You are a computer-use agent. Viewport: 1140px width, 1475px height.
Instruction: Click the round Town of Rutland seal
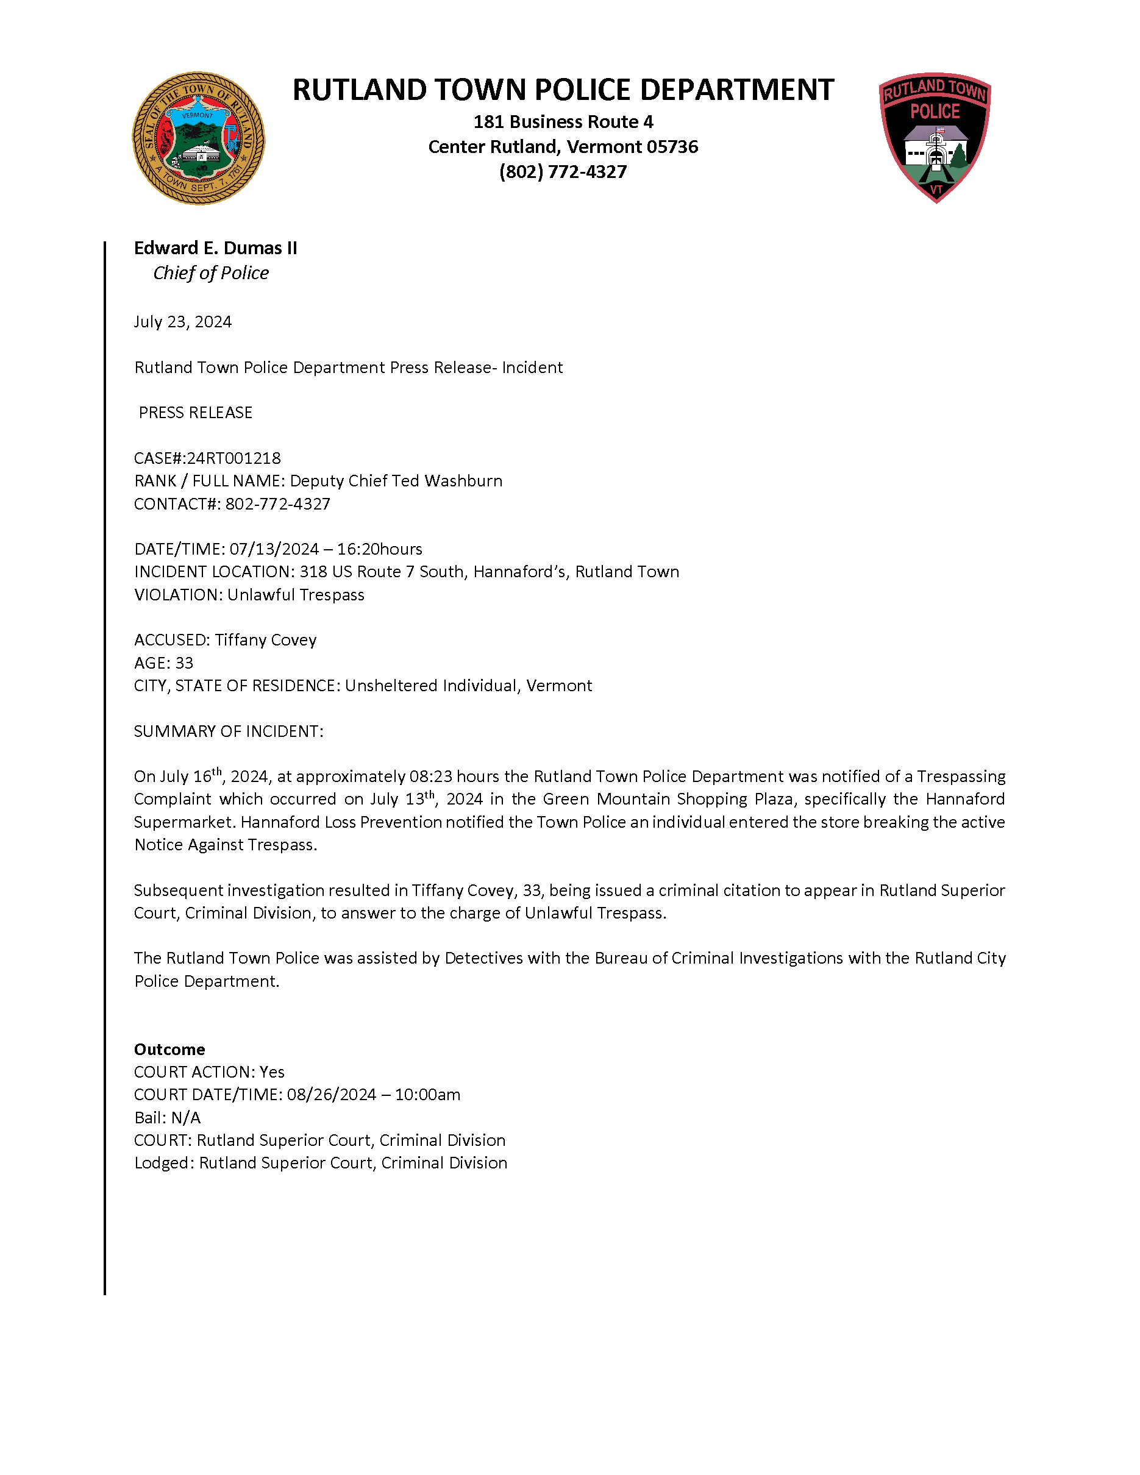[198, 138]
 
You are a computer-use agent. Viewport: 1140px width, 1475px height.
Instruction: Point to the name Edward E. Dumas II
[215, 249]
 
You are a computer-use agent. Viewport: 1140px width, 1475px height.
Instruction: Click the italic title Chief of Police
[211, 273]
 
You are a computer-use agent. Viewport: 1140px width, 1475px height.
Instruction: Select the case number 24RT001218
[233, 458]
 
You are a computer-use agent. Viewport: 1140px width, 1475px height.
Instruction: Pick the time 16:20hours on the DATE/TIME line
[380, 549]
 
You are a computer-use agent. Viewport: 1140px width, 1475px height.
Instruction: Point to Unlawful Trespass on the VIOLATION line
[296, 595]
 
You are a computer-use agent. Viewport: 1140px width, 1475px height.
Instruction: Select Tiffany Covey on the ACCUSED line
[265, 640]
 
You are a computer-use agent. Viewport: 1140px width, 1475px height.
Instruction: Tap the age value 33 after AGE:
[184, 663]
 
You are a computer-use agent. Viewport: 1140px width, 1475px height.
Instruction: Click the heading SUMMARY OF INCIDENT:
[228, 731]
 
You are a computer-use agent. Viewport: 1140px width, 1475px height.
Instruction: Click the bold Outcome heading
[169, 1050]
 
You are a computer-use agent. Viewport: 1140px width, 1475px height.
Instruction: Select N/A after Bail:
[186, 1118]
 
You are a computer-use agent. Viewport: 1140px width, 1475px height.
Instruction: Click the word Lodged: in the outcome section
[164, 1163]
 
